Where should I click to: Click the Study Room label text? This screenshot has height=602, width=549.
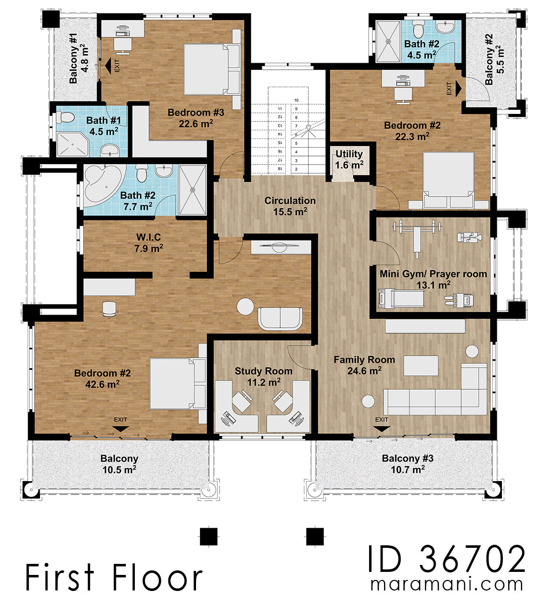click(263, 371)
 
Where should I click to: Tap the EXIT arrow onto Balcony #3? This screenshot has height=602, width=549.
click(382, 428)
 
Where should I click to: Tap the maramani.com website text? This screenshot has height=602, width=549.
click(446, 584)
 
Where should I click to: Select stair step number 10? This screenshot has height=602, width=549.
click(296, 100)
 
